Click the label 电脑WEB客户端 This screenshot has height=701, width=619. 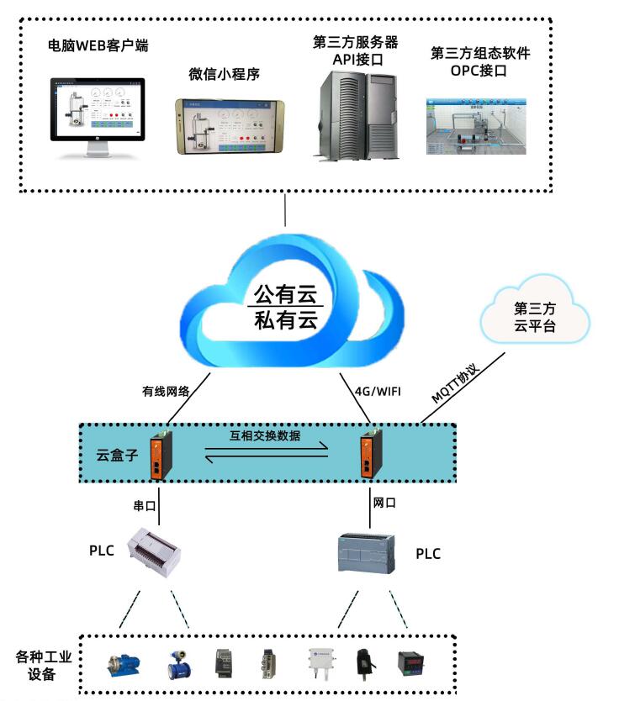[99, 45]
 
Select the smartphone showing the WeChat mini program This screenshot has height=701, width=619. [230, 127]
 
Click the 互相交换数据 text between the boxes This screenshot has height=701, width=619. [266, 435]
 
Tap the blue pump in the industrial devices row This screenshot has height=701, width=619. [122, 664]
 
